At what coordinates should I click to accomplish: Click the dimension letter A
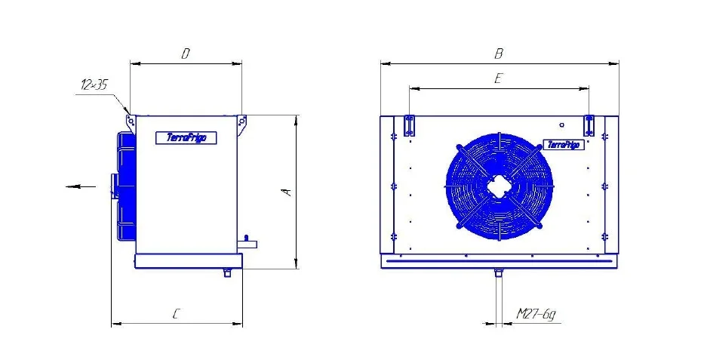pos(287,192)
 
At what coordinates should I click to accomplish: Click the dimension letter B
pos(498,54)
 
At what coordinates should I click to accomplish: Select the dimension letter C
pos(176,315)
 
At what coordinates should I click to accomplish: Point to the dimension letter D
pos(185,54)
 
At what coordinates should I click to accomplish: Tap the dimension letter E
pos(498,78)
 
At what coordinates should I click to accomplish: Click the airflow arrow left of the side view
pos(80,186)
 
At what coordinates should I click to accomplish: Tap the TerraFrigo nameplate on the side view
pos(186,137)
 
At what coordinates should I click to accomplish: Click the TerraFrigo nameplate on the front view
pos(563,144)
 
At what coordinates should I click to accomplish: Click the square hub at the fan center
pos(499,185)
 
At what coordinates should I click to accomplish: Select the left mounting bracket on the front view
pos(409,126)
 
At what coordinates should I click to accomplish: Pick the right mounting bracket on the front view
pos(589,125)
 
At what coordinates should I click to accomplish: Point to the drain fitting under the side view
pos(227,272)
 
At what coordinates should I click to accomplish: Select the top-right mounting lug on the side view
pos(241,122)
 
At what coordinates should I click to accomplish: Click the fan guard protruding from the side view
pos(125,186)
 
